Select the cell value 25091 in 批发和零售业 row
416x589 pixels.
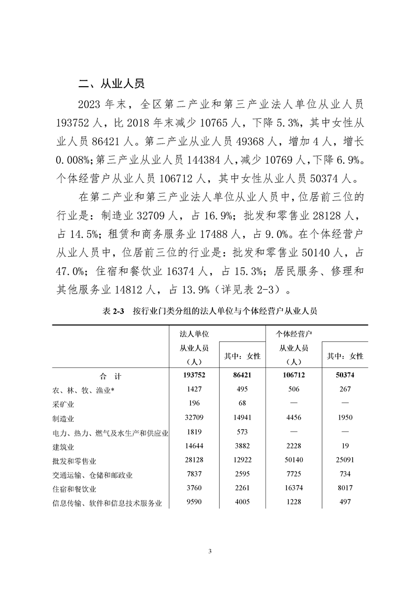(x=345, y=461)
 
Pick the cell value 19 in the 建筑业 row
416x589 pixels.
(x=345, y=447)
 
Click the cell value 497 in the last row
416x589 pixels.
(x=345, y=503)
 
